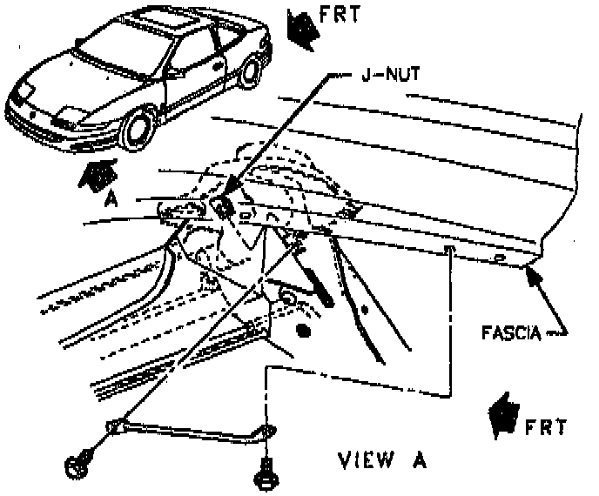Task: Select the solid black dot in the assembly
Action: point(303,330)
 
